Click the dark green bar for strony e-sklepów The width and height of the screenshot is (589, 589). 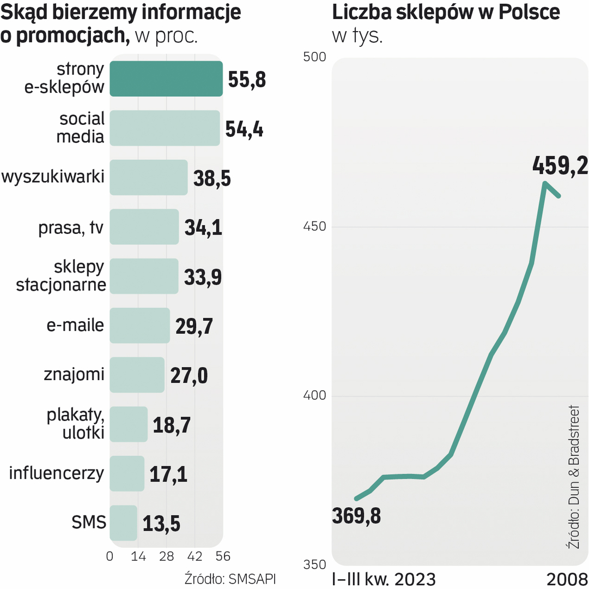click(166, 79)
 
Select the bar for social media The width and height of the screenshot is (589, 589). click(165, 128)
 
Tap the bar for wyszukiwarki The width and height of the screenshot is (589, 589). click(149, 177)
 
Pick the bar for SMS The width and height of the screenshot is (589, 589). click(123, 523)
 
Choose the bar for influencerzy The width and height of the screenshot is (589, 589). click(127, 473)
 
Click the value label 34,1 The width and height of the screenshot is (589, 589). click(203, 228)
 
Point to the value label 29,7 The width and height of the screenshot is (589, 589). click(194, 327)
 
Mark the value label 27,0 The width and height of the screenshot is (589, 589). click(189, 376)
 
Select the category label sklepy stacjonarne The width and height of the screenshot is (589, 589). click(61, 276)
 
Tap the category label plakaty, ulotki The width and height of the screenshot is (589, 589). click(76, 424)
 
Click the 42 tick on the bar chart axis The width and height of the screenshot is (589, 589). click(195, 556)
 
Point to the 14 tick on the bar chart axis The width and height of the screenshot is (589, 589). click(138, 556)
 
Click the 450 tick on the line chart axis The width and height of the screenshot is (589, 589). click(314, 227)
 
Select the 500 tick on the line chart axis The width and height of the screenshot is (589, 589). click(314, 58)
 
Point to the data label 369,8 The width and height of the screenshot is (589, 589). click(357, 515)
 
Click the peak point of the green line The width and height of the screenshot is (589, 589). click(545, 183)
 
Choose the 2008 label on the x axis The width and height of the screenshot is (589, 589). click(567, 579)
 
